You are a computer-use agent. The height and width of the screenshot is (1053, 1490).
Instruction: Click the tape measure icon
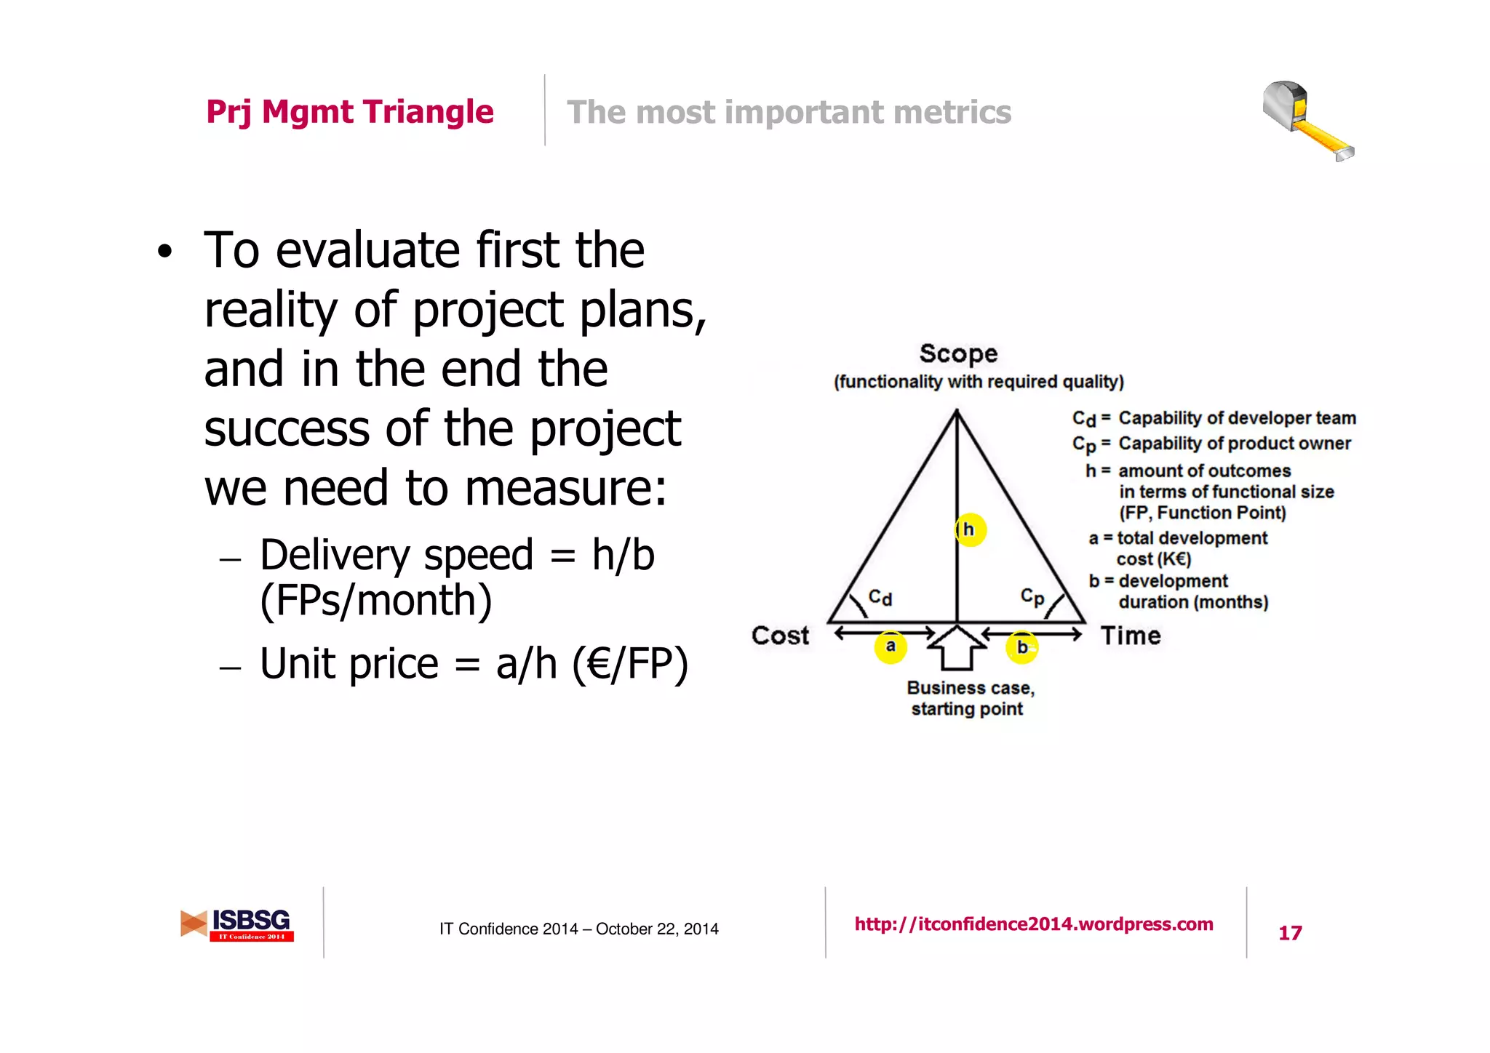coord(1306,121)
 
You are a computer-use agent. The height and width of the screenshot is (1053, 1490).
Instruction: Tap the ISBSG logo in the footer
coord(238,924)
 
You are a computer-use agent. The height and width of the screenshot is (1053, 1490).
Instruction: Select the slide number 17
coord(1290,933)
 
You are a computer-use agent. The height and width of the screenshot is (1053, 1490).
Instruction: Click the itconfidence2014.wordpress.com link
coord(1034,924)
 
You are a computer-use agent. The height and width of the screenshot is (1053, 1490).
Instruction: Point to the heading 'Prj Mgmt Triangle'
coord(350,112)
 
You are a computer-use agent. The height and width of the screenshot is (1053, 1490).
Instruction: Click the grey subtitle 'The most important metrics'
coord(789,113)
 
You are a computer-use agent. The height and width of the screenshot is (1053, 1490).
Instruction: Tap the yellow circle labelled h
coord(970,529)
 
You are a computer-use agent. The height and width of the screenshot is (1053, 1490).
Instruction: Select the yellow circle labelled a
coord(891,646)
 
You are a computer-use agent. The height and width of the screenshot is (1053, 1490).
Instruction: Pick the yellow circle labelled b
coord(1021,646)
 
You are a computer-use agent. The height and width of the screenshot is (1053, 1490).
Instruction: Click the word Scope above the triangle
coord(958,354)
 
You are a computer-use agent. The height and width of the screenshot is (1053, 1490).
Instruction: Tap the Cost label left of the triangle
coord(780,636)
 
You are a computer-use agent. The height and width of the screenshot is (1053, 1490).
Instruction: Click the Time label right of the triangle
coord(1131,636)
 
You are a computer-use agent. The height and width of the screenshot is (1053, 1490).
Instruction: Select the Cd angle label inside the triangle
coord(880,598)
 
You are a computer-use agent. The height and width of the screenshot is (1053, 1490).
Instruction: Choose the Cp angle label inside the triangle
coord(1032,597)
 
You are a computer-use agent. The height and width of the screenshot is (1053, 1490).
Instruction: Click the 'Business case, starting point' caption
coord(969,698)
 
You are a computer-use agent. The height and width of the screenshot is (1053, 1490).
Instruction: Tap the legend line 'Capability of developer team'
coord(1237,418)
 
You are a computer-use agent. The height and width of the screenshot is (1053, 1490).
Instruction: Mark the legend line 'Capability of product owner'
coord(1234,444)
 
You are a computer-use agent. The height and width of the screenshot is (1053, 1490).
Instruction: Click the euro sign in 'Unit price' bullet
coord(599,665)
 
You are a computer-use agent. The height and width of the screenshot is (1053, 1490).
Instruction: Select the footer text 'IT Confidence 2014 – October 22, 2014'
coord(578,929)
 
